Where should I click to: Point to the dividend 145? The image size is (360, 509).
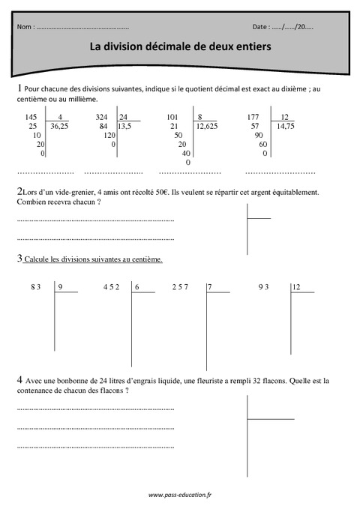pos(31,117)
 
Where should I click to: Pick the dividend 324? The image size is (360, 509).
pos(103,117)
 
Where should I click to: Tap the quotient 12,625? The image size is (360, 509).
pos(206,127)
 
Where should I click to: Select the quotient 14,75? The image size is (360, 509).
pos(285,127)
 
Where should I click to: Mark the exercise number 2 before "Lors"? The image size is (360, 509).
pos(19,191)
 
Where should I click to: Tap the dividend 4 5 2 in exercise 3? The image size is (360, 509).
pos(110,287)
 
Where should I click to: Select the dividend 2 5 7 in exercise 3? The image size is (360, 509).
pos(180,287)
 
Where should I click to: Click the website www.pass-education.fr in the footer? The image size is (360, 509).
pos(180,496)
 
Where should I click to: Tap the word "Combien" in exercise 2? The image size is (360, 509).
pos(31,202)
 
